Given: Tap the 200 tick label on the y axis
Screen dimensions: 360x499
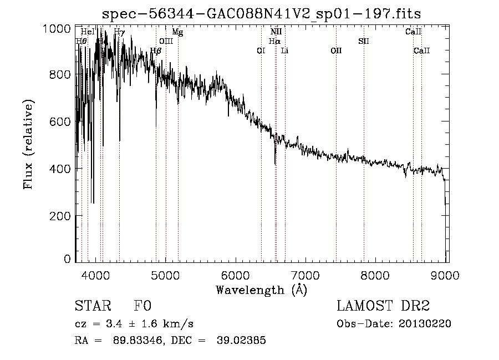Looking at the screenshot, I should pyautogui.click(x=64, y=216).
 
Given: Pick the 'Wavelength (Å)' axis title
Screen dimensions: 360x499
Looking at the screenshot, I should pyautogui.click(x=261, y=290).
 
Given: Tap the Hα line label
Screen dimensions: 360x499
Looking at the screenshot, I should pyautogui.click(x=274, y=41).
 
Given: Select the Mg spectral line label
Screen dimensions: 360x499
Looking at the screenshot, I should pyautogui.click(x=177, y=32).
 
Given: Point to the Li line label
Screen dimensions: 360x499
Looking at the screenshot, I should pyautogui.click(x=284, y=50).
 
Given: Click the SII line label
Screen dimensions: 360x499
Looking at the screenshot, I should pyautogui.click(x=364, y=41).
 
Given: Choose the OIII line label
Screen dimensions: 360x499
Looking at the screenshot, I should pyautogui.click(x=166, y=41).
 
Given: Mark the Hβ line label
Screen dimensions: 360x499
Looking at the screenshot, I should pyautogui.click(x=156, y=50).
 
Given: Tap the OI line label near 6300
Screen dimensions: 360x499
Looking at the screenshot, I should pyautogui.click(x=261, y=50).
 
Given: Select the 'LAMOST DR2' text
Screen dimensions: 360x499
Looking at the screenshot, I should pyautogui.click(x=383, y=307).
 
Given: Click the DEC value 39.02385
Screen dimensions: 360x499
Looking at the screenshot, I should pyautogui.click(x=241, y=341).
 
